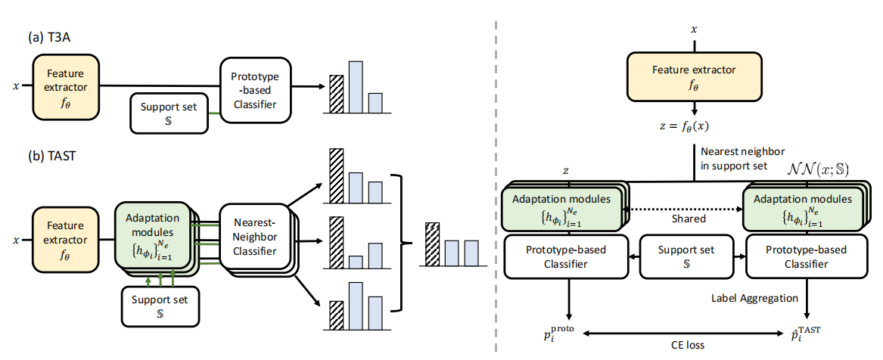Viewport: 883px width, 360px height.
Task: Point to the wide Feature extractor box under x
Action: (694, 76)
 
